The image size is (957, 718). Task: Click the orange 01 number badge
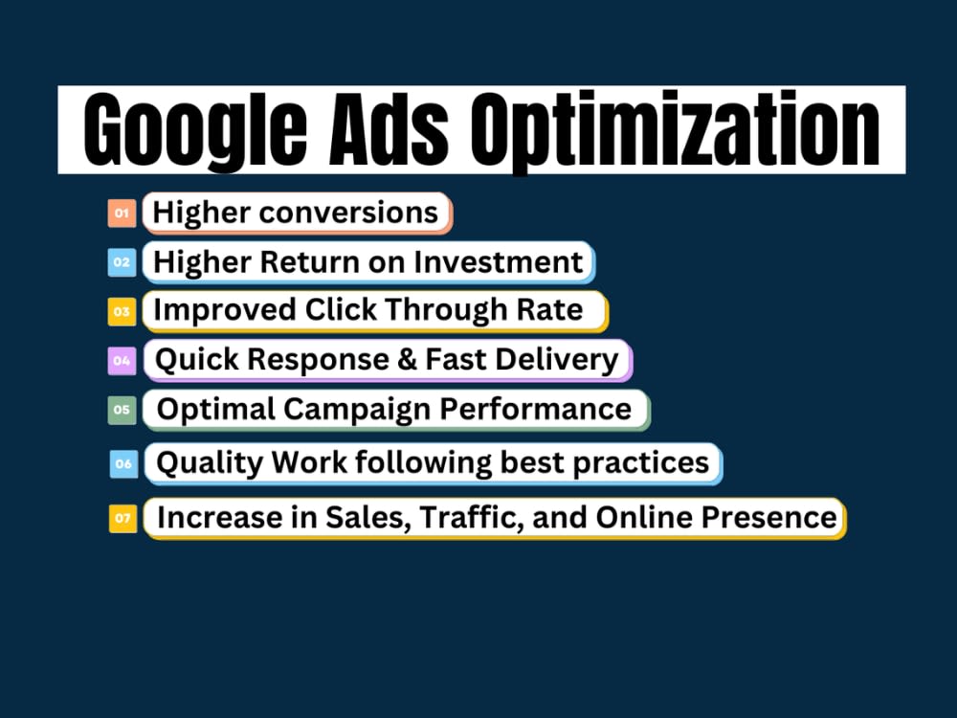tap(122, 213)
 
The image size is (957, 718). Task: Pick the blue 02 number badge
tap(122, 262)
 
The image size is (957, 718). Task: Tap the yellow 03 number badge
tap(122, 311)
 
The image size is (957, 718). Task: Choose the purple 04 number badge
tap(122, 361)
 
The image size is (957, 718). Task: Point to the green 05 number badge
tap(122, 410)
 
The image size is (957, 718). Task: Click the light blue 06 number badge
tap(123, 463)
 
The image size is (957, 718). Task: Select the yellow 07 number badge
tap(123, 518)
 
